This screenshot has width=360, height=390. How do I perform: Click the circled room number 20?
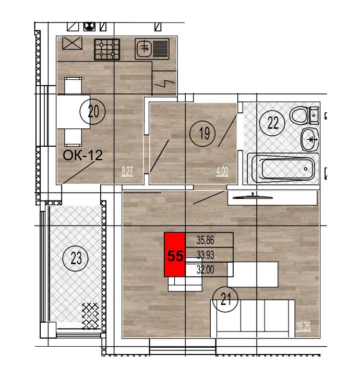(x=93, y=112)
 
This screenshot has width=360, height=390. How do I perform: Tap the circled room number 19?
(x=203, y=133)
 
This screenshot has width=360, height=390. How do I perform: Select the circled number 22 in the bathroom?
(x=273, y=123)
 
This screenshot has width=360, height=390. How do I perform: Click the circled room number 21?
(x=225, y=299)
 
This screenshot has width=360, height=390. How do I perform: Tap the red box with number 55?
(x=175, y=255)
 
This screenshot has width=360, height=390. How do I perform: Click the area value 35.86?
(x=205, y=240)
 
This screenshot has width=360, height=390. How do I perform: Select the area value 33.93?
(x=205, y=255)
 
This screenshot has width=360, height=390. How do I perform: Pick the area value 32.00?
(x=205, y=269)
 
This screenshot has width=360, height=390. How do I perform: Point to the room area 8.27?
(x=127, y=171)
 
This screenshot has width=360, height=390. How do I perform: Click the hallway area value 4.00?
(x=222, y=171)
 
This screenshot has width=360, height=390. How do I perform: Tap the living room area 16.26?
(x=303, y=326)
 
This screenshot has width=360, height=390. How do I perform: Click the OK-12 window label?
(x=82, y=155)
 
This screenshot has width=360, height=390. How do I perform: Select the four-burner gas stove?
(x=107, y=49)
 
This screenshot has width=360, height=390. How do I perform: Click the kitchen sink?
(x=152, y=49)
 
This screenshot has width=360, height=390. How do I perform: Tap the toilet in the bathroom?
(x=304, y=116)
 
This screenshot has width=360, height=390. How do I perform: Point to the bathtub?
(x=283, y=169)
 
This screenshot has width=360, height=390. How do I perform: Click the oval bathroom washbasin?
(x=310, y=139)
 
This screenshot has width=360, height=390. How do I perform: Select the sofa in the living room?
(x=253, y=318)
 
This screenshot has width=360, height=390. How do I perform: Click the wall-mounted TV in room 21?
(x=253, y=197)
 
